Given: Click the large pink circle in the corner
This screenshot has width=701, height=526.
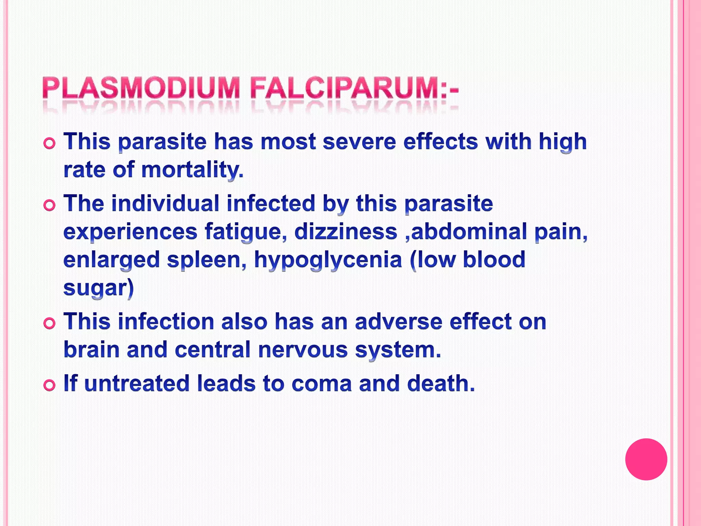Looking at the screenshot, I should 646,459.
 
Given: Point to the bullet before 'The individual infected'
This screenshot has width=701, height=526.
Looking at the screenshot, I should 50,205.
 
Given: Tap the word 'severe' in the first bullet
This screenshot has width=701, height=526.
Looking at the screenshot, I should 359,141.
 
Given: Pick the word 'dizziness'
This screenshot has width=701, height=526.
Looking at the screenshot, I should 346,231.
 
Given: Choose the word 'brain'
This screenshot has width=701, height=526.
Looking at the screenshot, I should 91,350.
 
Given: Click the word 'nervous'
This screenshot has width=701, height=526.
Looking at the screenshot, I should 303,350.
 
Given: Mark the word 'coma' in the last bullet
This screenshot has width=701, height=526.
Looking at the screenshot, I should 321,383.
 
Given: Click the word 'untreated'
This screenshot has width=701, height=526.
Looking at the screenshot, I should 137,383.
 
